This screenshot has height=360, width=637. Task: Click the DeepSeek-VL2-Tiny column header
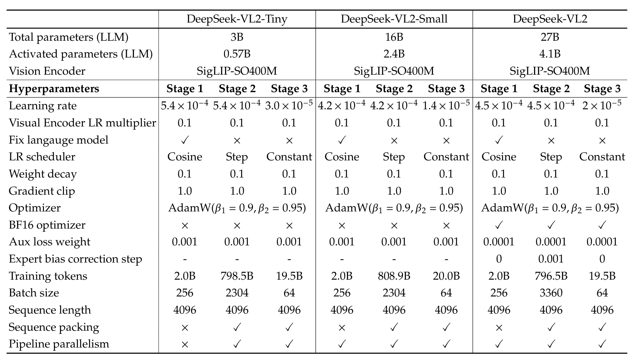click(237, 19)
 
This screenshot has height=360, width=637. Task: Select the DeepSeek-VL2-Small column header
click(394, 19)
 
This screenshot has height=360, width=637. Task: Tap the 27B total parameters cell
click(550, 37)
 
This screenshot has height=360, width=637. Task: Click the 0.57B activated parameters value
click(237, 54)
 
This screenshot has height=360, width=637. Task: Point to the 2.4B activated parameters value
click(394, 54)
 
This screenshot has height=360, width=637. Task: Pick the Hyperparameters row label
click(54, 89)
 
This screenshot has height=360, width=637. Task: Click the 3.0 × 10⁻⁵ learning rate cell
click(289, 105)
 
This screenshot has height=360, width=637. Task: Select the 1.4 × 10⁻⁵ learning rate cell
click(446, 105)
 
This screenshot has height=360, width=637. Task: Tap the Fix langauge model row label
click(59, 140)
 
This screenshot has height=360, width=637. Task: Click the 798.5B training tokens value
click(237, 276)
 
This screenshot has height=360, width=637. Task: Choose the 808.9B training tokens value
click(394, 276)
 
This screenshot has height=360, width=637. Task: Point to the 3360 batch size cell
click(551, 293)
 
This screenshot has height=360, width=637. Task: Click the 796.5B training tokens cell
click(551, 276)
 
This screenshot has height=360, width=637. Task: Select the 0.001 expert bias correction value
click(551, 259)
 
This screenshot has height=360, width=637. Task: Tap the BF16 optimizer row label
click(47, 225)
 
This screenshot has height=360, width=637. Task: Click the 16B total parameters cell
click(394, 37)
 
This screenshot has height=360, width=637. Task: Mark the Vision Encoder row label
click(47, 71)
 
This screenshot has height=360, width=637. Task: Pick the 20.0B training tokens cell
click(446, 276)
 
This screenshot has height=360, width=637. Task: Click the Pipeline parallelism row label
click(59, 344)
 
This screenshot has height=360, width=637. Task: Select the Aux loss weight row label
click(50, 242)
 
